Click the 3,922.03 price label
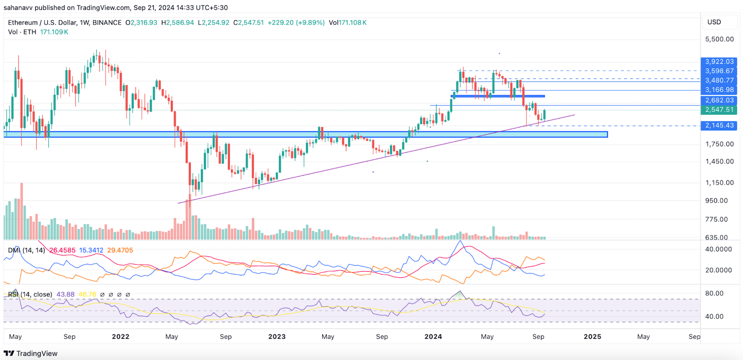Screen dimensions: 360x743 point(719,62)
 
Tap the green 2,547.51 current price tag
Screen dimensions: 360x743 point(719,110)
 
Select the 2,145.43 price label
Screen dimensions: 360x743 point(719,126)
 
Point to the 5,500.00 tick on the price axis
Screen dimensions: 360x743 point(719,39)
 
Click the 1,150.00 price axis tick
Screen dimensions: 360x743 point(719,183)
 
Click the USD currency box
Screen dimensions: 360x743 point(714,22)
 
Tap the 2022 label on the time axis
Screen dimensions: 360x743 point(121,337)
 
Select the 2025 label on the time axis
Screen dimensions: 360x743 point(593,337)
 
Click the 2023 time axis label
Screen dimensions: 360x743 point(277,337)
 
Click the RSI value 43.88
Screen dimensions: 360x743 point(65,295)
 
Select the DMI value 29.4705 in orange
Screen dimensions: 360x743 point(120,250)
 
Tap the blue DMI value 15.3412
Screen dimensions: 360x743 point(91,250)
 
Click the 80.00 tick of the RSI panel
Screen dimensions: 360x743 point(714,294)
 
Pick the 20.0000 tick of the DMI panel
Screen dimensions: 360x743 point(718,270)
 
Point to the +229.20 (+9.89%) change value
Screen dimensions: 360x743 point(296,23)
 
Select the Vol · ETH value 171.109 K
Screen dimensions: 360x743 point(54,32)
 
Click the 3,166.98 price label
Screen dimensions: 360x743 point(719,90)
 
